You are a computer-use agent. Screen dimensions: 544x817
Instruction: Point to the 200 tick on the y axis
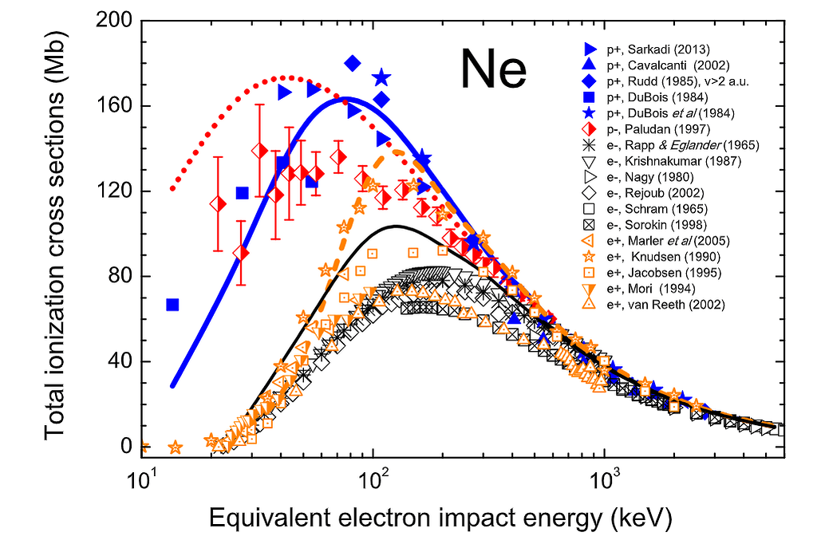[x=113, y=22]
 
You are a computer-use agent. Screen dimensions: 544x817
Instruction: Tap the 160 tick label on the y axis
[x=113, y=106]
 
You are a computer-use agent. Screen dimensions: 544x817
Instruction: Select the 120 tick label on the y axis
[x=113, y=191]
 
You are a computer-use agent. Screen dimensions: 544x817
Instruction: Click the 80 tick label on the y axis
[x=118, y=277]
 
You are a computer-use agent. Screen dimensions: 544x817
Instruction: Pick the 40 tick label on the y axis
[x=118, y=362]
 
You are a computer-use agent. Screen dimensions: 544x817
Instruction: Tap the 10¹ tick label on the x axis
[x=143, y=482]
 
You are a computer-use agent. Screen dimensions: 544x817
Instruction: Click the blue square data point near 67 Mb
[x=172, y=305]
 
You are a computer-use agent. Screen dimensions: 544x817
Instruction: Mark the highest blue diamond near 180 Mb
[x=353, y=63]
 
